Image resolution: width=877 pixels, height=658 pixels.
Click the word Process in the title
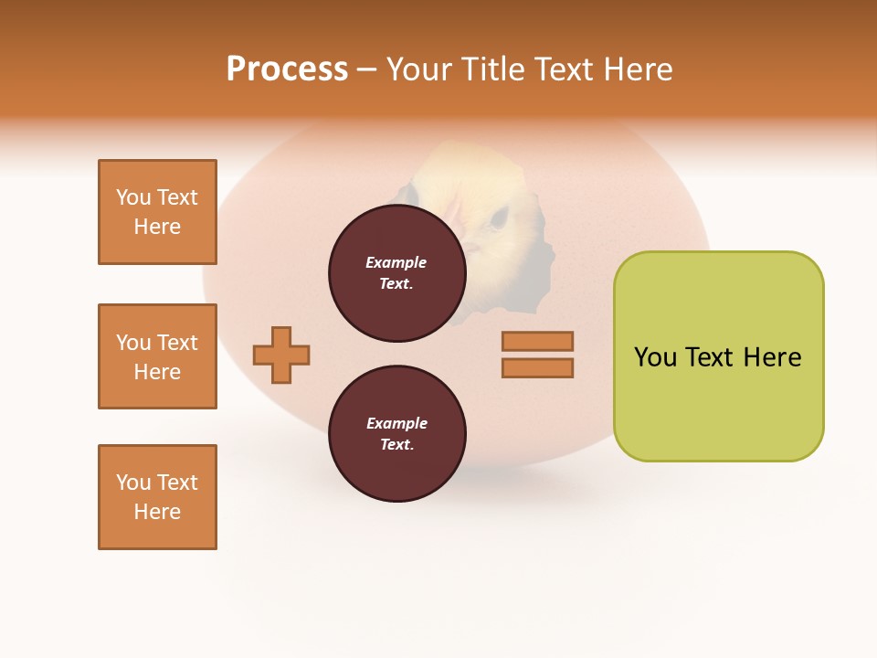[287, 69]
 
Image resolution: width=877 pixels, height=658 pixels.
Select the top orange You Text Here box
[157, 212]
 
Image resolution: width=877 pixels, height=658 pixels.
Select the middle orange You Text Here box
[157, 356]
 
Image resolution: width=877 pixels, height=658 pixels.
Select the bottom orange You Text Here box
[157, 497]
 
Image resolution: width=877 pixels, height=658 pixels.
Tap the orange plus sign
[281, 355]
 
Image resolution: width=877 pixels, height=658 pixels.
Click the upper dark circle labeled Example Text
[397, 273]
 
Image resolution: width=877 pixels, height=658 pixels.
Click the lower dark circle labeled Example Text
[397, 434]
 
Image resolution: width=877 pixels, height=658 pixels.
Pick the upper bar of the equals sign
[537, 342]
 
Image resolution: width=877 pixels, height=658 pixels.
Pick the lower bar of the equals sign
[537, 368]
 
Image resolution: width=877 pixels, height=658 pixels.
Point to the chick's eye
[500, 218]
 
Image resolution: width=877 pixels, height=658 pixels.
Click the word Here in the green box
[772, 357]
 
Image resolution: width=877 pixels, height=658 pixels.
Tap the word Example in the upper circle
[396, 262]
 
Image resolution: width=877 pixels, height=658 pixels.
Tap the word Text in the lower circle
[396, 444]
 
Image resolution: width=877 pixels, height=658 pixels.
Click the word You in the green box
[656, 357]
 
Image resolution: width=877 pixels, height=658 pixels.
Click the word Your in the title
[417, 69]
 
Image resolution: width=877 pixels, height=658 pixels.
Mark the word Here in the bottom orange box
[157, 512]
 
